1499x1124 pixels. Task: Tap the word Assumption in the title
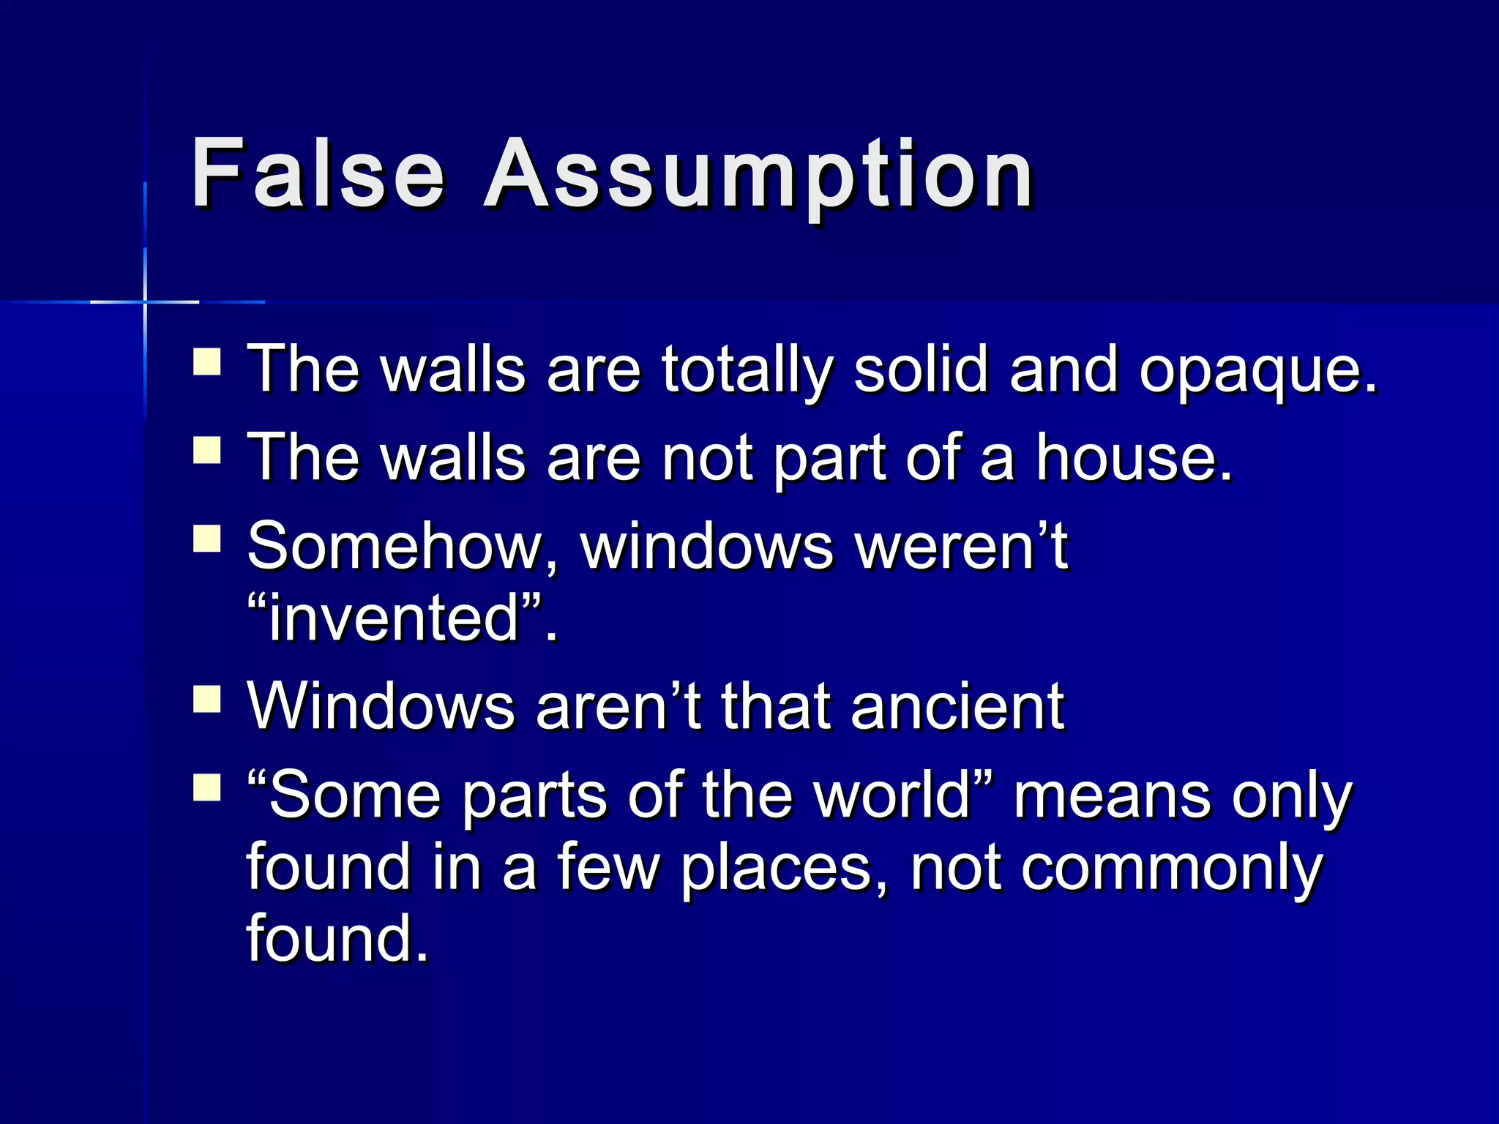click(x=758, y=176)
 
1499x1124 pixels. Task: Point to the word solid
click(x=921, y=369)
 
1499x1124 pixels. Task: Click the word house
click(x=1133, y=458)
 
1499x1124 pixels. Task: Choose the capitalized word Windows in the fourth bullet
click(x=381, y=706)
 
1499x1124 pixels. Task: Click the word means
click(x=1112, y=795)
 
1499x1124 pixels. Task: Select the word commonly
click(x=1172, y=869)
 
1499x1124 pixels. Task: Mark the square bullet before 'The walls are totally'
click(x=207, y=362)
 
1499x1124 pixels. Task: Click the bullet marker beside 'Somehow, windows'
click(x=207, y=539)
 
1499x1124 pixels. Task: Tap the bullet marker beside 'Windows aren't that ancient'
click(x=207, y=700)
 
